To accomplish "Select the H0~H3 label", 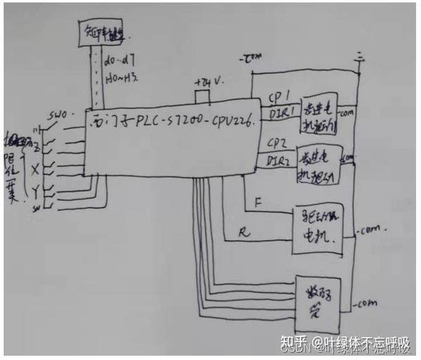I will tap(121, 79).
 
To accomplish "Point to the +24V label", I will tap(210, 81).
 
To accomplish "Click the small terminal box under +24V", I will tap(201, 97).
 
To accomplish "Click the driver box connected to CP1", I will tap(319, 116).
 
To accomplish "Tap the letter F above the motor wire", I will tap(259, 203).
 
